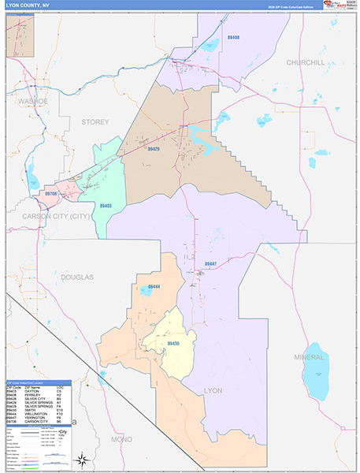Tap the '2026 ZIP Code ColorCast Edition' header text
click(x=293, y=6)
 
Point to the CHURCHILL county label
click(x=305, y=62)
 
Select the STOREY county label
click(x=95, y=122)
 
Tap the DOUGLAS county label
click(x=75, y=277)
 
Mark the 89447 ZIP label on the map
click(x=211, y=264)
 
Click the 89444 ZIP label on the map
click(x=154, y=287)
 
